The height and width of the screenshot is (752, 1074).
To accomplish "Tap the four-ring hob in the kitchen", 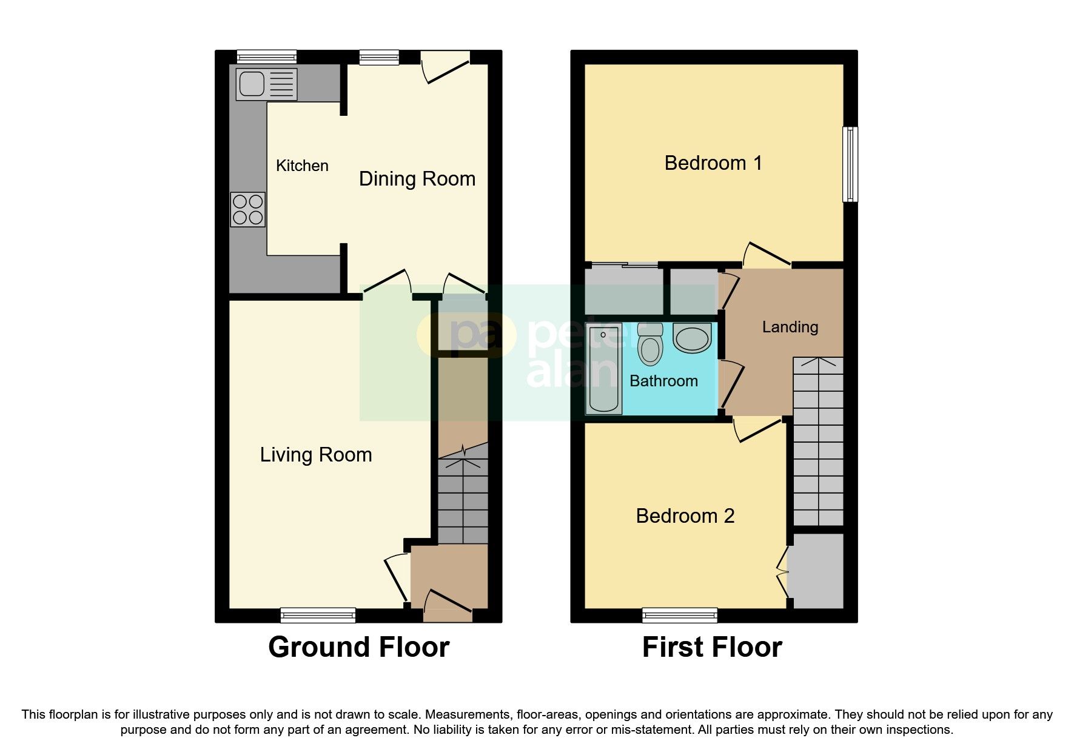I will [x=247, y=209].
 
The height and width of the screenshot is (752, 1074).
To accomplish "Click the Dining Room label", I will [x=417, y=179].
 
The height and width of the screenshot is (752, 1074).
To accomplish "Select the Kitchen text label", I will [x=302, y=166].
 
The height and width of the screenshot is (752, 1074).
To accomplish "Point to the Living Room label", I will [x=315, y=455].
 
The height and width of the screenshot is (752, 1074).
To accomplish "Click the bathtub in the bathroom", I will [x=603, y=368].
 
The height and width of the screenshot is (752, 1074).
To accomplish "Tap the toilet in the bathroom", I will [x=650, y=345].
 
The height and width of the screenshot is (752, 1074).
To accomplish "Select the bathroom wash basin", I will [x=691, y=338].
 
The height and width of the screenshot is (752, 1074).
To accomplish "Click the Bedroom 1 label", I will [x=713, y=163].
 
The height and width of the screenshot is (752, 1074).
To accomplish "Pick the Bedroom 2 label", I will [x=685, y=516].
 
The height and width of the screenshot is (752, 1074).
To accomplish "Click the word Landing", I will [x=790, y=327].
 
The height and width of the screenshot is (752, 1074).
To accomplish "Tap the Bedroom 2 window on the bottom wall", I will [x=679, y=616].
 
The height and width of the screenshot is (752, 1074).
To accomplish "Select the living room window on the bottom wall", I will [x=318, y=616].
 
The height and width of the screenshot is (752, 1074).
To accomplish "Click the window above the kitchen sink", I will [x=266, y=57].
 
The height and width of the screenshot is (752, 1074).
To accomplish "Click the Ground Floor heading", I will [x=358, y=648].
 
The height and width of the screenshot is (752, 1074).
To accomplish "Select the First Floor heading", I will [x=712, y=648].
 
